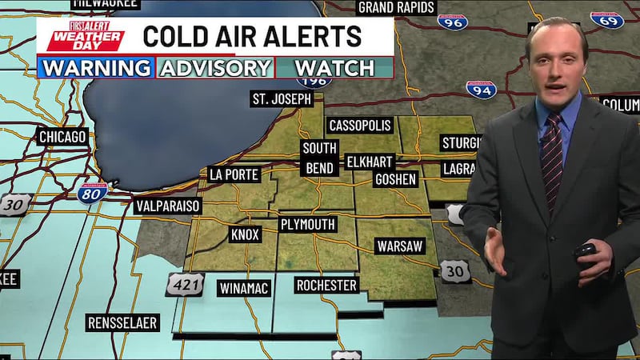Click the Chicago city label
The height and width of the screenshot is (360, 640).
point(62,137)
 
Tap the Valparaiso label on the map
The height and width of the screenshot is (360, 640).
point(168,206)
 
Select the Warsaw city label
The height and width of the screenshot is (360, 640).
point(399,246)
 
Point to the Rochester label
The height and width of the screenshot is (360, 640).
point(326,285)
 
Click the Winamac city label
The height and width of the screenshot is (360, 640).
point(244,287)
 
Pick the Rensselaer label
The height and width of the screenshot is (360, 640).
point(123,323)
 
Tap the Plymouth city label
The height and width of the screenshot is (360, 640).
point(308,224)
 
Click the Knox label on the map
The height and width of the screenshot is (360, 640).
point(244,235)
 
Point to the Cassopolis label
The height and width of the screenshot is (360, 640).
point(359,126)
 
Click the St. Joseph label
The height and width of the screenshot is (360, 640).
point(281,99)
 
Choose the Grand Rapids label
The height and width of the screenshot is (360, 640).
point(396,7)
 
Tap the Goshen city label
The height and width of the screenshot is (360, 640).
point(395,179)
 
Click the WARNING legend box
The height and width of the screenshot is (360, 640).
point(96,66)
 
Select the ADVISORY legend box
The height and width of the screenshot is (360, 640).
point(215,66)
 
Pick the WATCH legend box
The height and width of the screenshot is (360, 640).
point(334,66)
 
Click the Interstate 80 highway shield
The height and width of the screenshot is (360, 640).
point(94,192)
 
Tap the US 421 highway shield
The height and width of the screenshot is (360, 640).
point(185,285)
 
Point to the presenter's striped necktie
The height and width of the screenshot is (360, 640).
point(551,160)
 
